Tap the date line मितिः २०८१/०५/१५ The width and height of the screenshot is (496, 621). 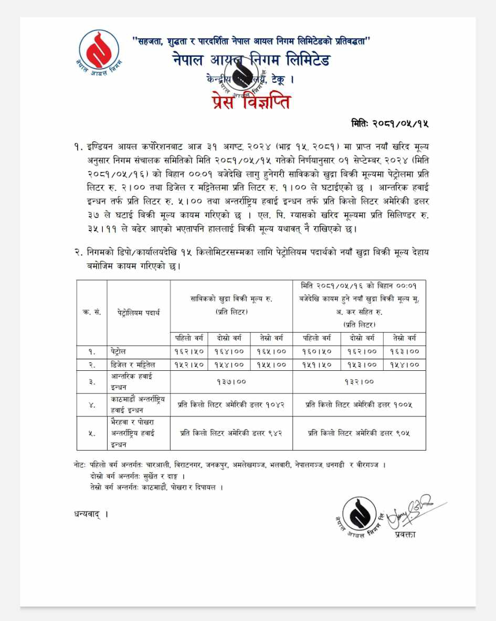click(x=390, y=124)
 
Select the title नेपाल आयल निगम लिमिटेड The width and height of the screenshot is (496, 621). click(x=251, y=60)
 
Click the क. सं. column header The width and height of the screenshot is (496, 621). click(x=92, y=313)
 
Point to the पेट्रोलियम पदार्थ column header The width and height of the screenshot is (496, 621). click(x=139, y=313)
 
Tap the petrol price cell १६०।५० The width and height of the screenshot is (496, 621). click(x=316, y=351)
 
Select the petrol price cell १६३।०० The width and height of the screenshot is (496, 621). click(x=404, y=351)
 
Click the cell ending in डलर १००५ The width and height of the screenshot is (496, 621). click(x=359, y=405)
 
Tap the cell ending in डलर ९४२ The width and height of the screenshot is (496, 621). click(x=231, y=433)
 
